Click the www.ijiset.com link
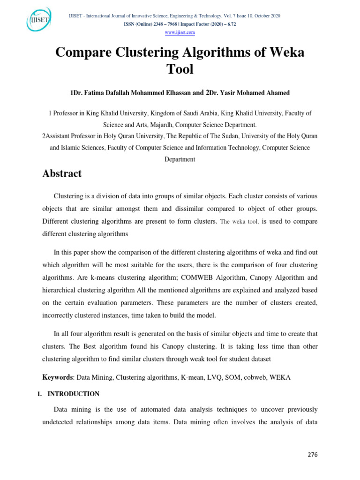[x=180, y=32]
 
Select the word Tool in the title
[x=180, y=69]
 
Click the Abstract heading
[x=62, y=173]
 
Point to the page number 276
[x=313, y=455]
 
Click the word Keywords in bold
[x=57, y=377]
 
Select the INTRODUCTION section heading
[x=76, y=394]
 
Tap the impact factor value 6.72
[x=229, y=24]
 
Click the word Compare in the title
[x=82, y=52]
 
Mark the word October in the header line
[x=262, y=16]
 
